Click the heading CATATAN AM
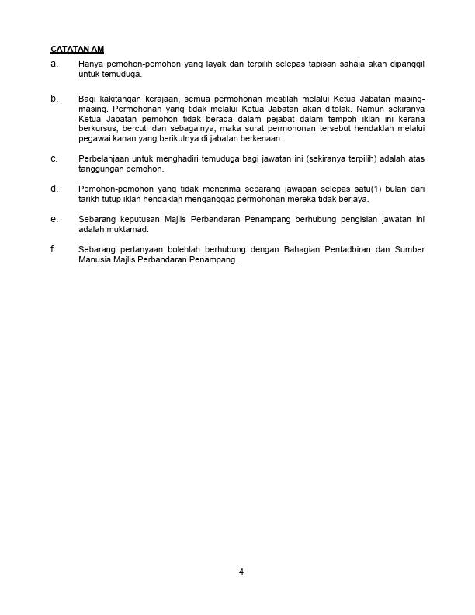click(x=77, y=49)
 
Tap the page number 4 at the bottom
click(x=241, y=572)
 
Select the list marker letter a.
click(x=54, y=63)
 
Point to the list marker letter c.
click(x=54, y=158)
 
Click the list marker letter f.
click(x=53, y=249)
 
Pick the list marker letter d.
click(x=54, y=189)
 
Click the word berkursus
click(x=97, y=130)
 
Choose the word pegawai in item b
click(x=94, y=140)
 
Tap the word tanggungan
click(x=101, y=169)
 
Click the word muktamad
click(x=122, y=230)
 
